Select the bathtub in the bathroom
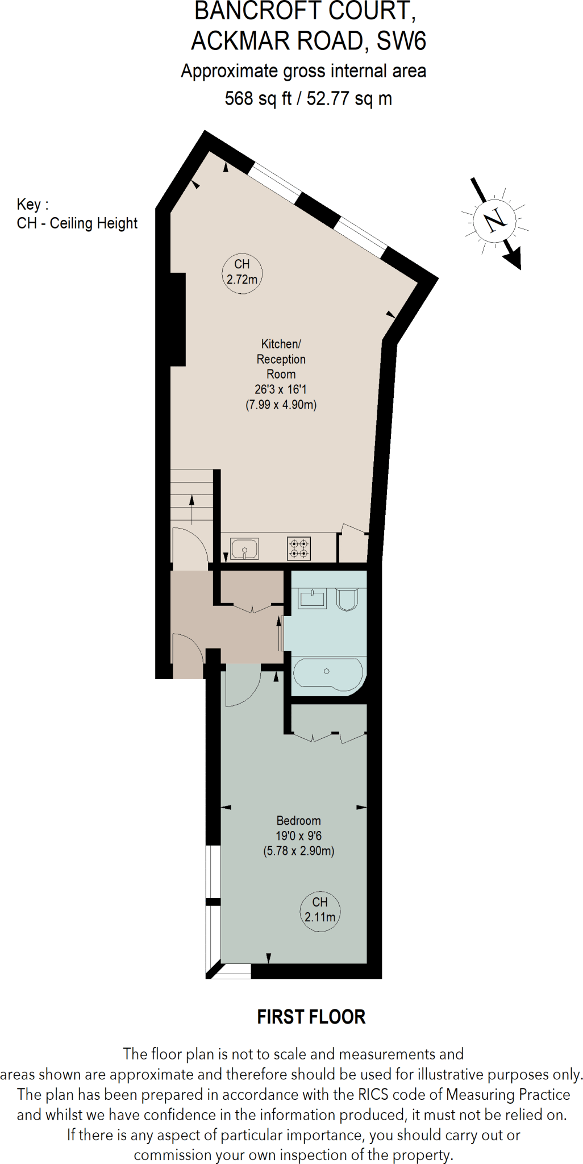(x=327, y=672)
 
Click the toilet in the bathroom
(x=347, y=600)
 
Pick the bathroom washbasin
(x=313, y=598)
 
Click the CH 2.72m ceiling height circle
(x=241, y=272)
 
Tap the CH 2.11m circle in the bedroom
(x=320, y=910)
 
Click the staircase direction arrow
(x=192, y=508)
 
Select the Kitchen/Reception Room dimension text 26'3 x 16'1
(x=280, y=389)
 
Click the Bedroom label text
(x=298, y=820)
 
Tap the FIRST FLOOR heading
(x=311, y=1017)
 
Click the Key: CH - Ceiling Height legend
(x=77, y=214)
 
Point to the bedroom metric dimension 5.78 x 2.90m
(x=298, y=851)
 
